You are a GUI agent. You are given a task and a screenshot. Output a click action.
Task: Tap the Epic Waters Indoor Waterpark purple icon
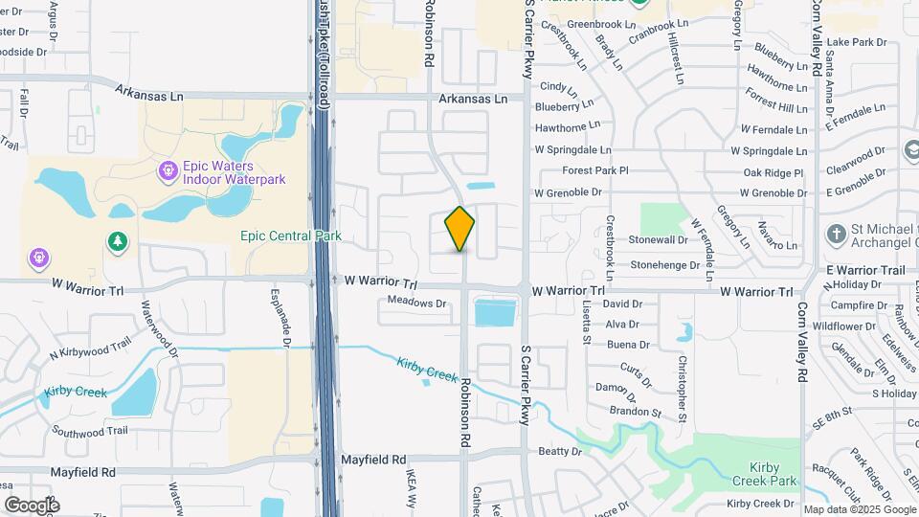click(x=168, y=171)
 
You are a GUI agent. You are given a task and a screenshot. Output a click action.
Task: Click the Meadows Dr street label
click(x=417, y=303)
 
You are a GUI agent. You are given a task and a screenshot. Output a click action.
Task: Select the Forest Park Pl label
click(x=595, y=170)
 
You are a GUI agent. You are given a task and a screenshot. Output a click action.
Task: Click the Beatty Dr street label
click(x=561, y=451)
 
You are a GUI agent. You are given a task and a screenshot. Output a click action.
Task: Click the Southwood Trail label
click(x=91, y=431)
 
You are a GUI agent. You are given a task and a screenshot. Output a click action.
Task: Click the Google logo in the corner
click(x=32, y=505)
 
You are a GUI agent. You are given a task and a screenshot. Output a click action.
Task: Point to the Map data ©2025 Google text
click(x=858, y=509)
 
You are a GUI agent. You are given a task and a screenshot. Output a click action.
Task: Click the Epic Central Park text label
click(x=291, y=236)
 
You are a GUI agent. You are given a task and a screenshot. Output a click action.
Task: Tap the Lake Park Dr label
click(x=857, y=42)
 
